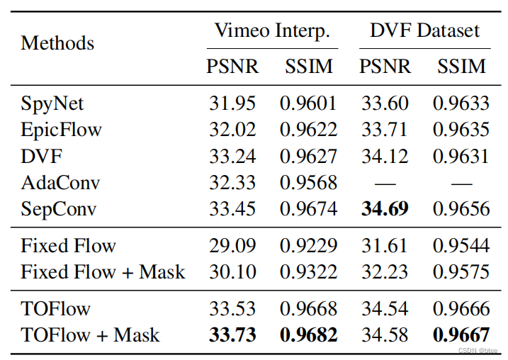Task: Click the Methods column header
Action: coord(57,43)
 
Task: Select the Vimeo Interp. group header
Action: coord(272,30)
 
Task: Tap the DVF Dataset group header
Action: coord(424,30)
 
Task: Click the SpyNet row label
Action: coord(52,103)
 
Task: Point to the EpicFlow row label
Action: coord(62,130)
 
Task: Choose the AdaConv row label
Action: coord(60,183)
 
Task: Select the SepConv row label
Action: coord(58,209)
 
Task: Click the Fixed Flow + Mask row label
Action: coord(103,271)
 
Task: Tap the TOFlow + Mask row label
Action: coord(90,334)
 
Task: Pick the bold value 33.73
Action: coord(232,334)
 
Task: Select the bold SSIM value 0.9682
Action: coord(308,334)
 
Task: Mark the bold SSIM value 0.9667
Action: coord(461,334)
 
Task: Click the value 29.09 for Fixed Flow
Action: coord(232,246)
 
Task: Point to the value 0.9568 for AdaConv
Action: coord(308,183)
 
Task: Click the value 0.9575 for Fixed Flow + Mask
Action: coord(461,271)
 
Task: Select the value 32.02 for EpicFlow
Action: coord(232,130)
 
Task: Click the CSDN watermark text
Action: coord(475,350)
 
